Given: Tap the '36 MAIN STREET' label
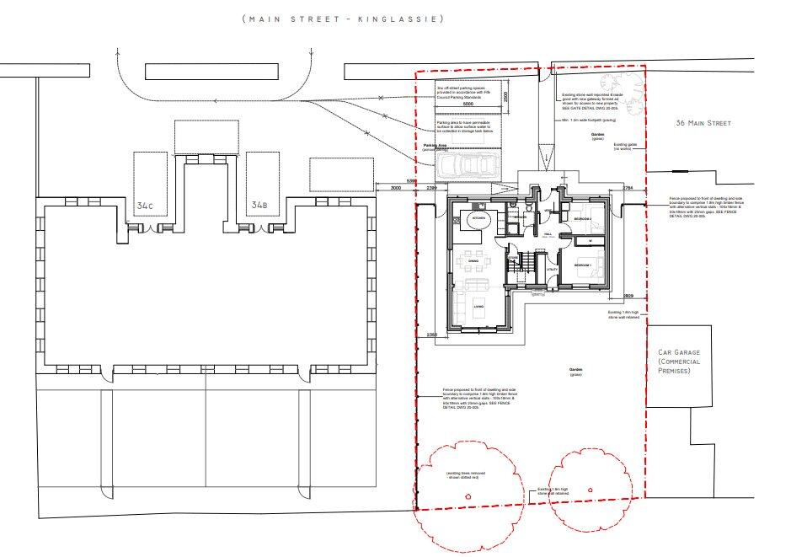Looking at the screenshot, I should pyautogui.click(x=704, y=123).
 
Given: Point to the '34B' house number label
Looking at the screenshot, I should pyautogui.click(x=259, y=204).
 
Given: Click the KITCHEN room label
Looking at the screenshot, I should pyautogui.click(x=479, y=218).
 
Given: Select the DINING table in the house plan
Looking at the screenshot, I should pyautogui.click(x=473, y=265).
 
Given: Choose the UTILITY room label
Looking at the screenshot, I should pyautogui.click(x=552, y=269).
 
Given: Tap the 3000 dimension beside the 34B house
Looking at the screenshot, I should pyautogui.click(x=395, y=189).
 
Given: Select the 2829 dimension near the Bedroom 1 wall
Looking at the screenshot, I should pyautogui.click(x=628, y=297).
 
